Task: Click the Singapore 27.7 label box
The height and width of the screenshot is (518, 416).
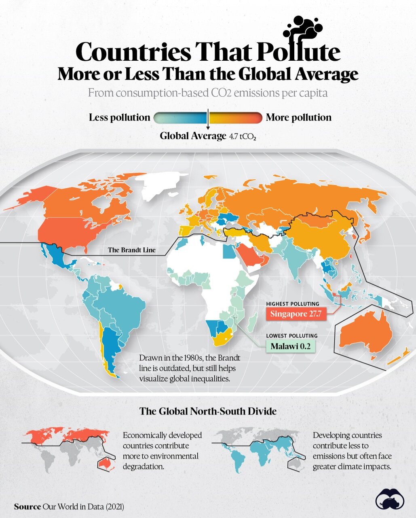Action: tap(296, 314)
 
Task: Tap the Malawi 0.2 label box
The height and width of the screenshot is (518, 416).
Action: tap(290, 346)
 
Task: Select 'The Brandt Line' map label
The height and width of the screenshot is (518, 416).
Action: tap(131, 250)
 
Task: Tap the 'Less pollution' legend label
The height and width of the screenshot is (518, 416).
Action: tap(119, 117)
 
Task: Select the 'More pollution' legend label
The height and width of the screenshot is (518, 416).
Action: tap(298, 117)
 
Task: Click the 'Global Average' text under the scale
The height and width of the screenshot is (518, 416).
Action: tap(192, 136)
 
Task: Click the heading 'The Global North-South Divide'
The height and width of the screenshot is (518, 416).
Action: tap(208, 411)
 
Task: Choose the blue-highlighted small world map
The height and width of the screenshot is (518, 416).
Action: tap(259, 449)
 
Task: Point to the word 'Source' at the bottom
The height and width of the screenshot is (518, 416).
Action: tap(27, 507)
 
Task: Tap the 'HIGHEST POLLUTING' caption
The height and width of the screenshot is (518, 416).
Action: tap(292, 304)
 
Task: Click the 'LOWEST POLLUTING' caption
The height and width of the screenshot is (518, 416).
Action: tap(291, 335)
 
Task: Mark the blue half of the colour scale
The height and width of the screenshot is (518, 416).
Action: tap(181, 118)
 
